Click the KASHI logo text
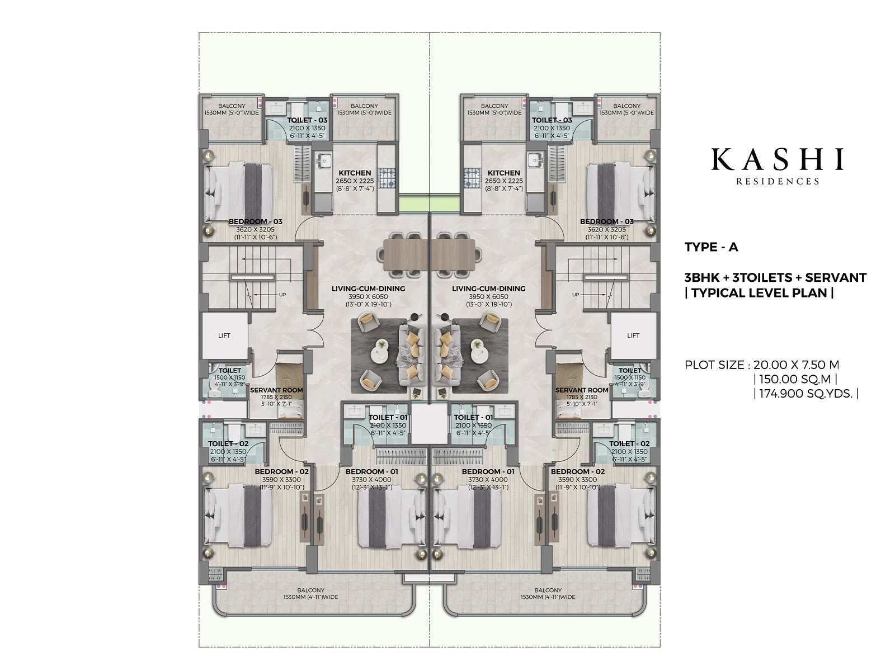click(x=777, y=159)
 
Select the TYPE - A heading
click(x=711, y=247)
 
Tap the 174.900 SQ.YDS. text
click(x=805, y=394)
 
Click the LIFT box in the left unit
click(x=224, y=335)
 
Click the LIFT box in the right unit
click(x=633, y=335)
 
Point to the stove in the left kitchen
click(x=388, y=177)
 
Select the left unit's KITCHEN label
click(x=355, y=173)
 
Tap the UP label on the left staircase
click(x=282, y=294)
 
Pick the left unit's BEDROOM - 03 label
click(x=255, y=222)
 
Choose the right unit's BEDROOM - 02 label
click(x=578, y=472)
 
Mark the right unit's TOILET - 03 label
click(x=552, y=120)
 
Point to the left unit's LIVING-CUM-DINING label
click(x=368, y=289)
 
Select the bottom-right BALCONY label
click(x=548, y=590)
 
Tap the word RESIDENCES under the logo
click(x=778, y=181)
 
